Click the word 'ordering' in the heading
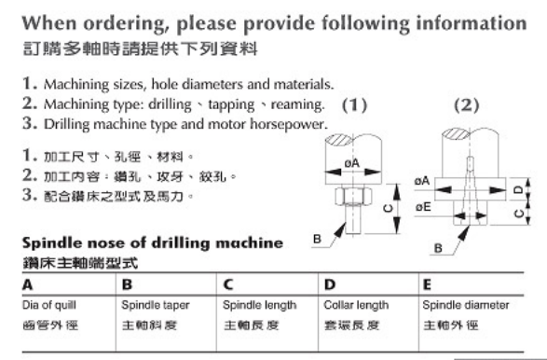[x=124, y=24]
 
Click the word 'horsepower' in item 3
[x=289, y=124]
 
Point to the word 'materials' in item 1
[x=304, y=84]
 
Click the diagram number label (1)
[x=354, y=105]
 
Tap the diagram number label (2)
[x=467, y=105]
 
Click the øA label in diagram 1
[x=351, y=163]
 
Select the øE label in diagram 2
[x=423, y=207]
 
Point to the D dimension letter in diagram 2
[x=519, y=189]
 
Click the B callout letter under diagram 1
[x=317, y=239]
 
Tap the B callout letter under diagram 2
[x=438, y=248]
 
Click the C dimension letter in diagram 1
[x=389, y=209]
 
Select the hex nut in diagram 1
[x=353, y=197]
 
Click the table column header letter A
[x=28, y=285]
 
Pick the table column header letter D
[x=330, y=285]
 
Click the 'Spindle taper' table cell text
[x=156, y=305]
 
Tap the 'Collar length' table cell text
[x=356, y=305]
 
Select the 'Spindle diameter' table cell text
[x=465, y=305]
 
